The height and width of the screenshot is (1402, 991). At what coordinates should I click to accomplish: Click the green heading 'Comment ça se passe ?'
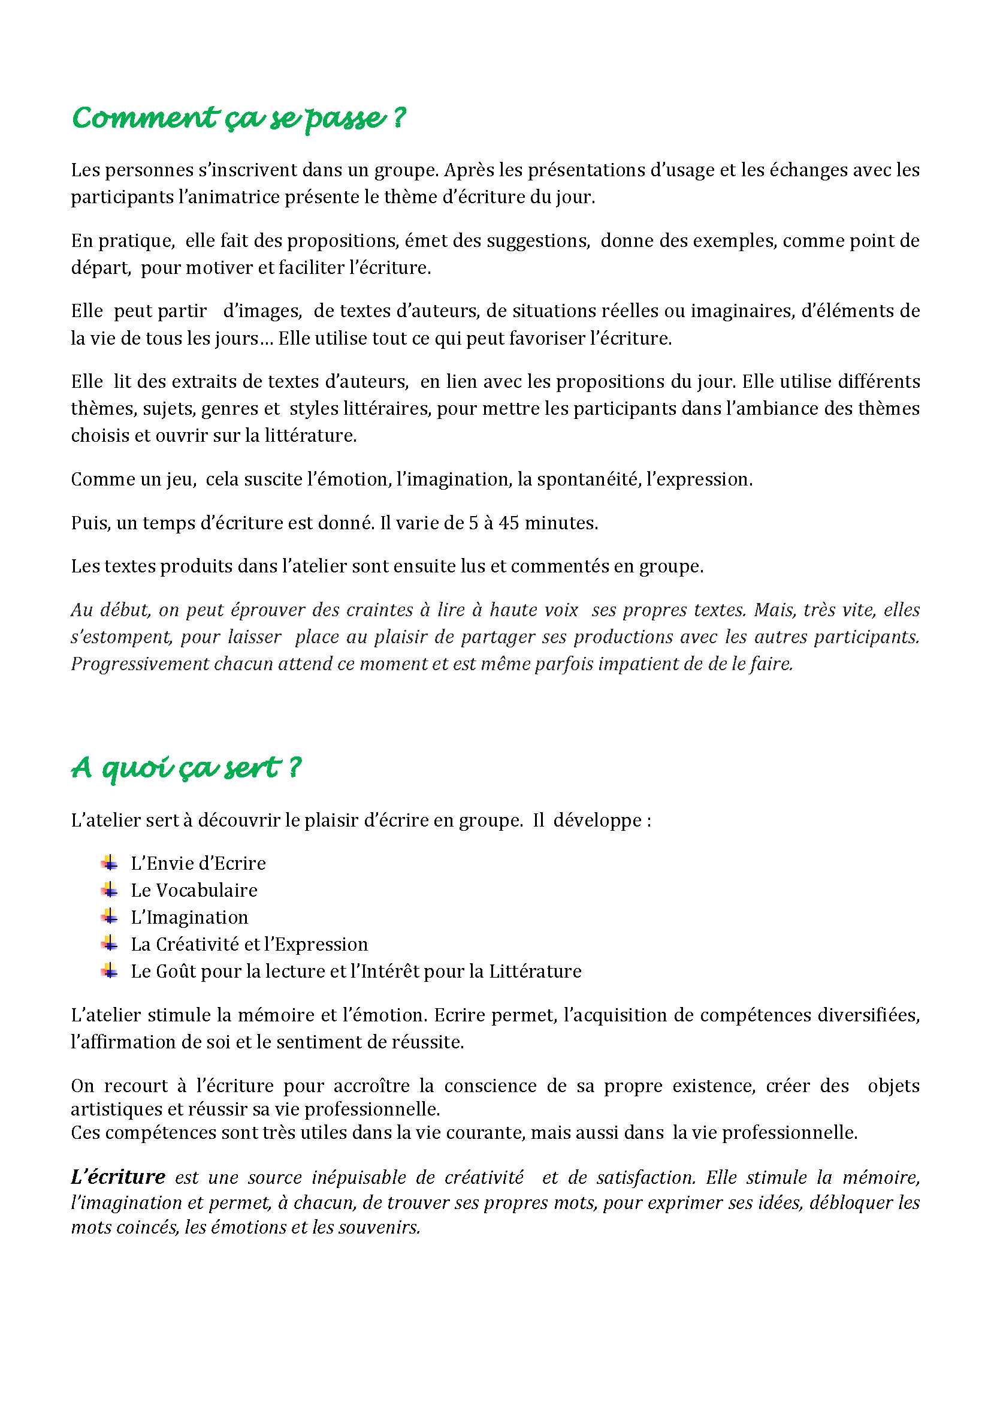coord(238,117)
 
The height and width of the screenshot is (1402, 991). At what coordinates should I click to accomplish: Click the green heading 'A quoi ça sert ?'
coord(186,768)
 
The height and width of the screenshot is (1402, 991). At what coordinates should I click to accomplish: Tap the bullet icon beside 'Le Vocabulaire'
coord(110,890)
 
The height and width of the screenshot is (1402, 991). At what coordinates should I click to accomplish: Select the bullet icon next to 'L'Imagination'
coord(110,916)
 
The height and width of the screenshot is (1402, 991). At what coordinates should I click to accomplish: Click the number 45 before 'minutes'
coord(509,523)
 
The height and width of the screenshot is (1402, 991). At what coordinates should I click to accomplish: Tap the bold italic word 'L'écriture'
coord(118,1177)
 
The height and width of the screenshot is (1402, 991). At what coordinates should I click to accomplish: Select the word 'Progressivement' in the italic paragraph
coord(140,664)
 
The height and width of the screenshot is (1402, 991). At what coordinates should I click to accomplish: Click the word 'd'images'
coord(262,311)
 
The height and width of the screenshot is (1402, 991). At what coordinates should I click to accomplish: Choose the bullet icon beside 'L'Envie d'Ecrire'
coord(110,863)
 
